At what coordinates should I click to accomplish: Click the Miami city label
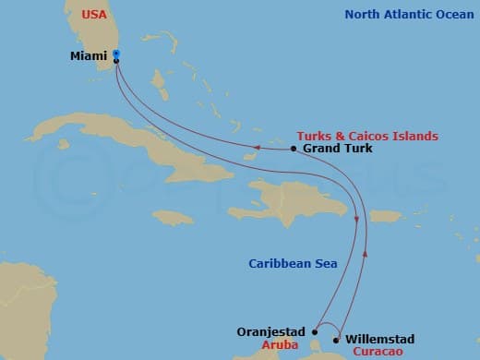(x=89, y=55)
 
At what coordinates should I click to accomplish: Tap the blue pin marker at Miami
(x=116, y=54)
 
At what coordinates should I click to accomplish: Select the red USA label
(x=94, y=15)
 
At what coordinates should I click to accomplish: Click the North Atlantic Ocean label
(x=407, y=15)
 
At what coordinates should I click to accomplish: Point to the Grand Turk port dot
(x=294, y=149)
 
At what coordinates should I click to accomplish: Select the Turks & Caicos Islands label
(x=367, y=136)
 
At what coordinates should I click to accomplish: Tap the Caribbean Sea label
(x=293, y=263)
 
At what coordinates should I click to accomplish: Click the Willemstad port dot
(x=337, y=338)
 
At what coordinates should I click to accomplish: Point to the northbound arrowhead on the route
(x=366, y=249)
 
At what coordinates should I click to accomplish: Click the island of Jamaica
(x=173, y=217)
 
